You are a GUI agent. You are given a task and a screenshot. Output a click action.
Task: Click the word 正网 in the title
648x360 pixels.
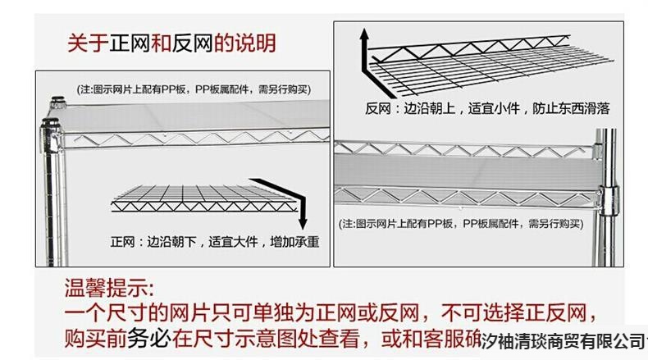coord(129,43)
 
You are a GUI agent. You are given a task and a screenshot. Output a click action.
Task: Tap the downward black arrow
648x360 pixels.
coord(302,205)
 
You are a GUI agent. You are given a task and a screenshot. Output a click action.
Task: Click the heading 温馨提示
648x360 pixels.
coord(108,289)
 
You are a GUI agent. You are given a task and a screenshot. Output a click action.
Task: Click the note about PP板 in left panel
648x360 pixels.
coord(194,89)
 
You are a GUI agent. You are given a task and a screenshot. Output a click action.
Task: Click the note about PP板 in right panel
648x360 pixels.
coord(460,223)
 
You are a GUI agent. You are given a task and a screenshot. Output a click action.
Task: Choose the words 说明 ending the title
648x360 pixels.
coord(255,43)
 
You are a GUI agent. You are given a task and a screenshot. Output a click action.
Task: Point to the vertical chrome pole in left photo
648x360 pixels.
coord(48,197)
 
